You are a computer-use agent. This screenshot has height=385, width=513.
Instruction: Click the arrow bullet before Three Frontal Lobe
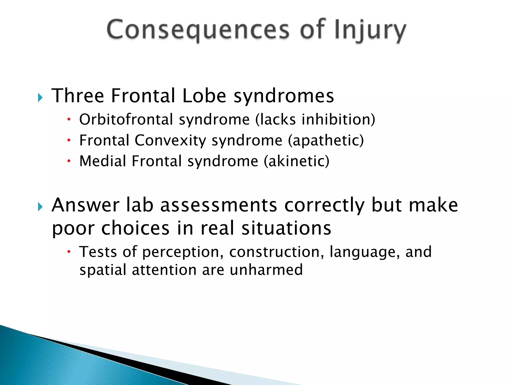(x=40, y=98)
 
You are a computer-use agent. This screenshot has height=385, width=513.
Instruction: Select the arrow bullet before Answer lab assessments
(x=40, y=207)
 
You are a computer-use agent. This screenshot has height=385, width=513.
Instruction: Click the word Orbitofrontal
(x=126, y=119)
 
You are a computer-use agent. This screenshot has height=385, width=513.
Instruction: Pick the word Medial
(x=102, y=161)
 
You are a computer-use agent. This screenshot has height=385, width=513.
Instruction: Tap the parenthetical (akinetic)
(x=297, y=161)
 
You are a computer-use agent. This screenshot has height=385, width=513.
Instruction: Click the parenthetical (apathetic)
(x=326, y=140)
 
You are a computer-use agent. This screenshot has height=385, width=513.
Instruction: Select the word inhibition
(x=336, y=119)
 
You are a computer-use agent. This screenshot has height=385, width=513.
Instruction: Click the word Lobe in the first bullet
(x=204, y=96)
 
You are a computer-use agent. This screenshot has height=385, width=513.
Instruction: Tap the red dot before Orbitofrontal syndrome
(x=69, y=119)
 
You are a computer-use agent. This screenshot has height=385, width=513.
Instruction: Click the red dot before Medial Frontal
(x=69, y=161)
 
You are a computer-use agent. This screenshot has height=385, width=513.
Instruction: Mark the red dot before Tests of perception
(x=69, y=252)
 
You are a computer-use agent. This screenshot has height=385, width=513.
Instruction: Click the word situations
(x=286, y=228)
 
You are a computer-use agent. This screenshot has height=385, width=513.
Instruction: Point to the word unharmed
(x=266, y=270)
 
